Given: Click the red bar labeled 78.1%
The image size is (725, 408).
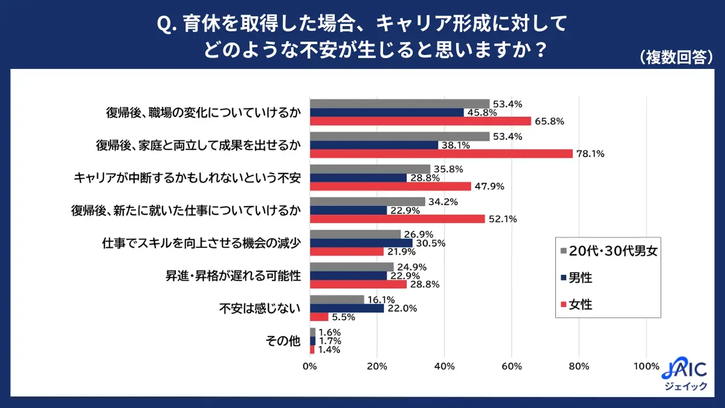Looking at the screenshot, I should (x=441, y=154).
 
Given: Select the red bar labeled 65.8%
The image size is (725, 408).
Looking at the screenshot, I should (x=420, y=121).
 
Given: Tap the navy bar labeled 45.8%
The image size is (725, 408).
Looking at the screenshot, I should (x=387, y=112).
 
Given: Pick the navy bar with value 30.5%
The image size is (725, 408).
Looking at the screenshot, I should (x=361, y=243).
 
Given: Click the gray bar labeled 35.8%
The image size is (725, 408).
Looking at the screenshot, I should (x=370, y=169).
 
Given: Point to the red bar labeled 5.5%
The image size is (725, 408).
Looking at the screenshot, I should (x=319, y=317).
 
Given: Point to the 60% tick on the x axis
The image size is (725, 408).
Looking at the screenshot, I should (x=512, y=366).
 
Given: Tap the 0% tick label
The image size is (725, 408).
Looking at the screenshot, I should (x=310, y=366).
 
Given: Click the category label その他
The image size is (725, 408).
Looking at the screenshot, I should (x=283, y=341).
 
